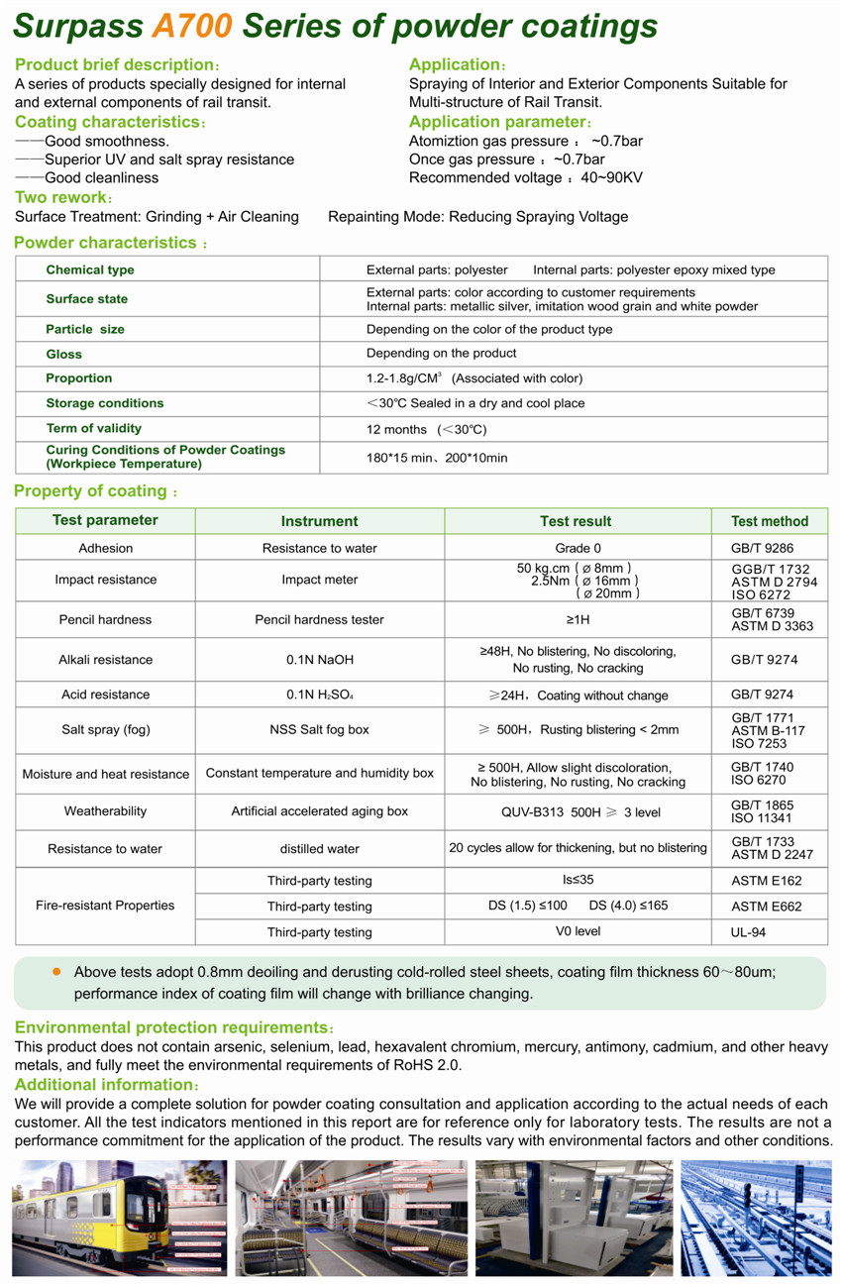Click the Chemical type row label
point(90,270)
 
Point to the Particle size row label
point(85,329)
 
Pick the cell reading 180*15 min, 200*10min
point(437,458)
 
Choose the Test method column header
point(770,521)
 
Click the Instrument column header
point(319,521)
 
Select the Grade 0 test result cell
point(578,548)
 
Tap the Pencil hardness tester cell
point(319,619)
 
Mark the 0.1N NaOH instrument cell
point(319,660)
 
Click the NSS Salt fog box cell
point(319,729)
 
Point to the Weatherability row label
point(105,811)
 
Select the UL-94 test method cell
point(748,932)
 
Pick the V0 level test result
point(578,931)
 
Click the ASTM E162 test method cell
point(766,881)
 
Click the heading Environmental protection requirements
point(170,1027)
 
